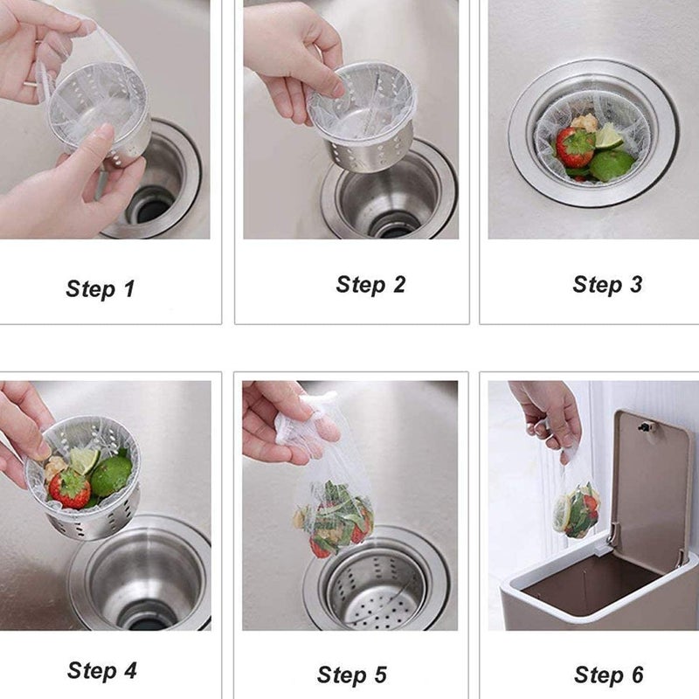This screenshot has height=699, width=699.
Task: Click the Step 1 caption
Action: (100, 289)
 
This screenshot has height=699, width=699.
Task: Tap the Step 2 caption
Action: (370, 285)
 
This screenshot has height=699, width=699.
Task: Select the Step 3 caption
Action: (607, 285)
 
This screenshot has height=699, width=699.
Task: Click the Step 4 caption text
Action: (102, 671)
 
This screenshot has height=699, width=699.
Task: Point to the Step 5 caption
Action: (352, 675)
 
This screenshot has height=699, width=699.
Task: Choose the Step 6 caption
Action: (609, 675)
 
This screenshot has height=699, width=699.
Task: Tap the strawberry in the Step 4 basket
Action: (70, 488)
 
